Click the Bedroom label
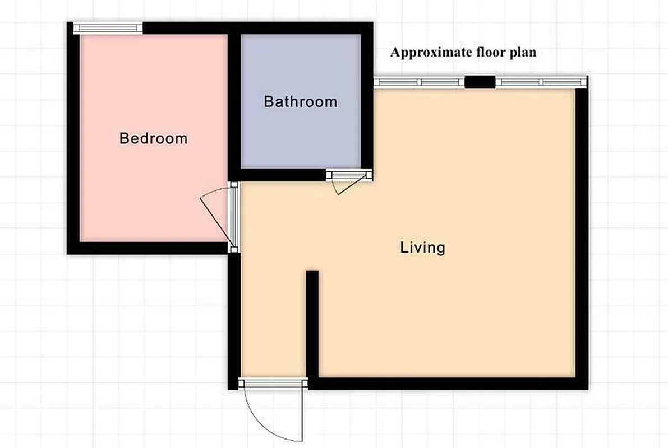[x=153, y=138]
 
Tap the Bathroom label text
[x=301, y=102]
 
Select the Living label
[x=422, y=247]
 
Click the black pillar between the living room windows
[x=480, y=82]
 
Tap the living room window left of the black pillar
[x=419, y=82]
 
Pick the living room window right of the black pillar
[x=540, y=82]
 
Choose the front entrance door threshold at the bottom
[x=273, y=383]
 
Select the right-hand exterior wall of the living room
[x=582, y=235]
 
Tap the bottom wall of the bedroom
[x=149, y=248]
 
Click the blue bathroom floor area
[x=301, y=134]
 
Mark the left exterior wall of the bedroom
[x=73, y=140]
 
